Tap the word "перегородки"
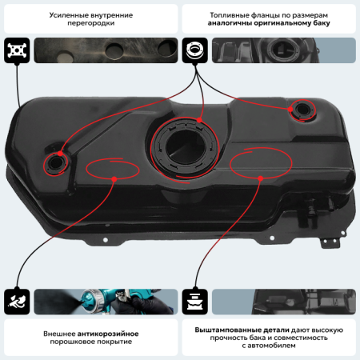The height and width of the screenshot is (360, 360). pyautogui.click(x=91, y=23)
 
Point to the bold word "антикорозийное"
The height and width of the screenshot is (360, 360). pyautogui.click(x=108, y=334)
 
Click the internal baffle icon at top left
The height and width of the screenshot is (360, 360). pyautogui.click(x=17, y=50)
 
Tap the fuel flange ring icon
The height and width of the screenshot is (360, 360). pyautogui.click(x=195, y=50)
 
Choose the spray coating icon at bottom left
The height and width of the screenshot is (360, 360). pyautogui.click(x=17, y=302)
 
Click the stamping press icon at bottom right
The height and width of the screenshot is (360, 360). pyautogui.click(x=195, y=302)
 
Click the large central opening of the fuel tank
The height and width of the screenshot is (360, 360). pyautogui.click(x=185, y=147)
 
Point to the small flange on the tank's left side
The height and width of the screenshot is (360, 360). pyautogui.click(x=56, y=163)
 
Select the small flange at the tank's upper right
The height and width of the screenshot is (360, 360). pyautogui.click(x=302, y=110)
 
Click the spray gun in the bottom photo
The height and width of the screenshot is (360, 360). pyautogui.click(x=112, y=300)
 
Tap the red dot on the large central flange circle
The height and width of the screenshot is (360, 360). pyautogui.click(x=199, y=120)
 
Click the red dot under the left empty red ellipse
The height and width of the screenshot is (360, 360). pyautogui.click(x=114, y=179)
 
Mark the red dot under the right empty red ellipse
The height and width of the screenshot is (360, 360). pyautogui.click(x=261, y=178)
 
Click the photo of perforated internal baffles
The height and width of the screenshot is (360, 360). pyautogui.click(x=106, y=50)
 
